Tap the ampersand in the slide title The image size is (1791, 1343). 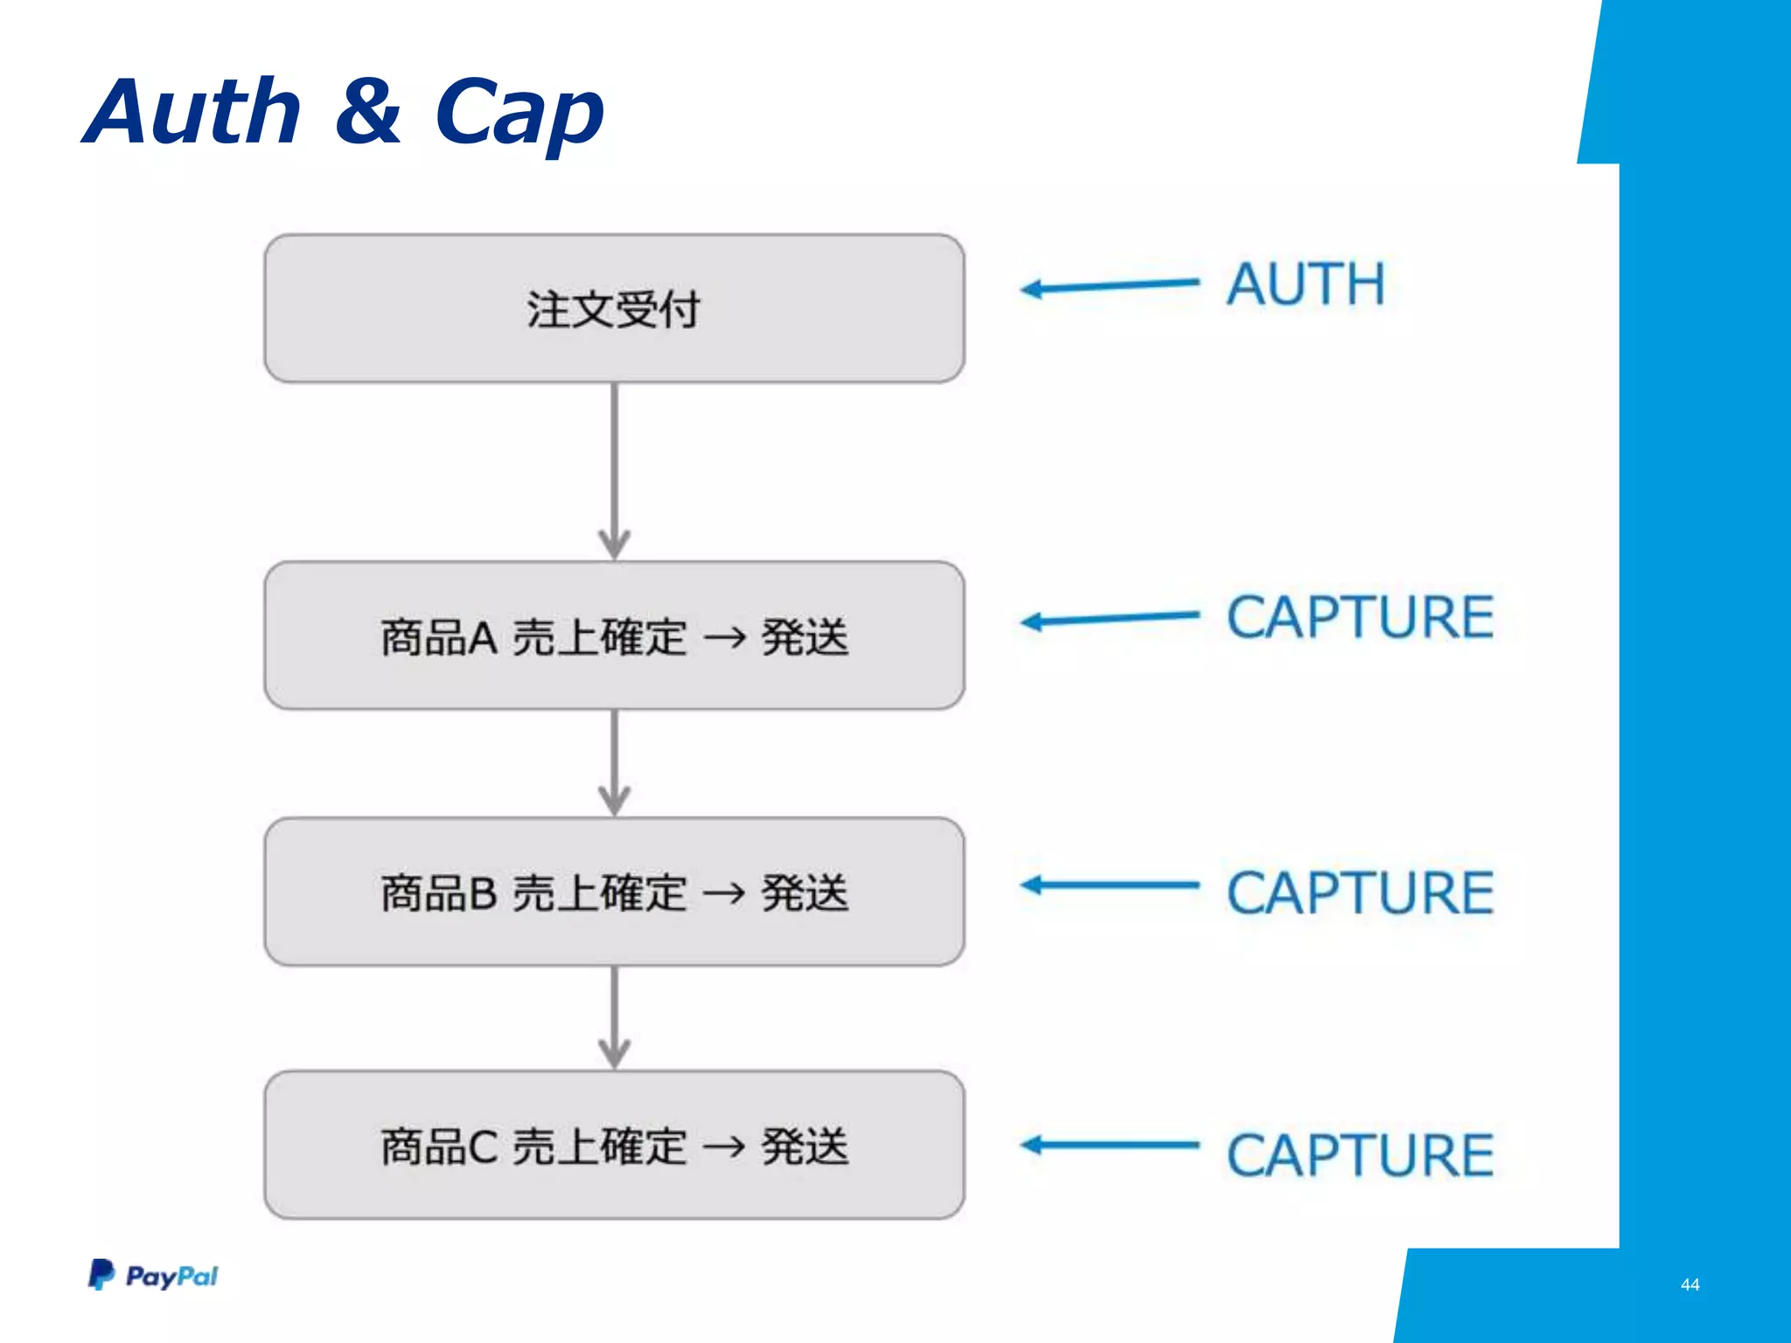pos(368,111)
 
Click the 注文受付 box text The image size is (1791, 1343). pos(613,310)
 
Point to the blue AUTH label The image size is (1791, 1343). pos(1306,284)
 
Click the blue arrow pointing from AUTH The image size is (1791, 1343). pos(1109,286)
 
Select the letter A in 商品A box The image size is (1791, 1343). pos(483,637)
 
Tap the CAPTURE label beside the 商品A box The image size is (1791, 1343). pos(1360,617)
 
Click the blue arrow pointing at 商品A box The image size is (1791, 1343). pos(1109,619)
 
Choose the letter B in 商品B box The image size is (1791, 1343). pos(483,894)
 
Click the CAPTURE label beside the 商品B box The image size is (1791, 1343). pos(1360,893)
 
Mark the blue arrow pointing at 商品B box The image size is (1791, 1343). pos(1109,886)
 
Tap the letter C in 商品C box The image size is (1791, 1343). pos(483,1147)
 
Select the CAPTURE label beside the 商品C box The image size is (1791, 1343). pos(1360,1155)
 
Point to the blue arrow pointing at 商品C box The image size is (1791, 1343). pos(1109,1145)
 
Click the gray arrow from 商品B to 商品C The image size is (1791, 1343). pos(615,1017)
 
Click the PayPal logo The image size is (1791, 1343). pos(153,1276)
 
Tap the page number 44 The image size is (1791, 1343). pos(1690,1284)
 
